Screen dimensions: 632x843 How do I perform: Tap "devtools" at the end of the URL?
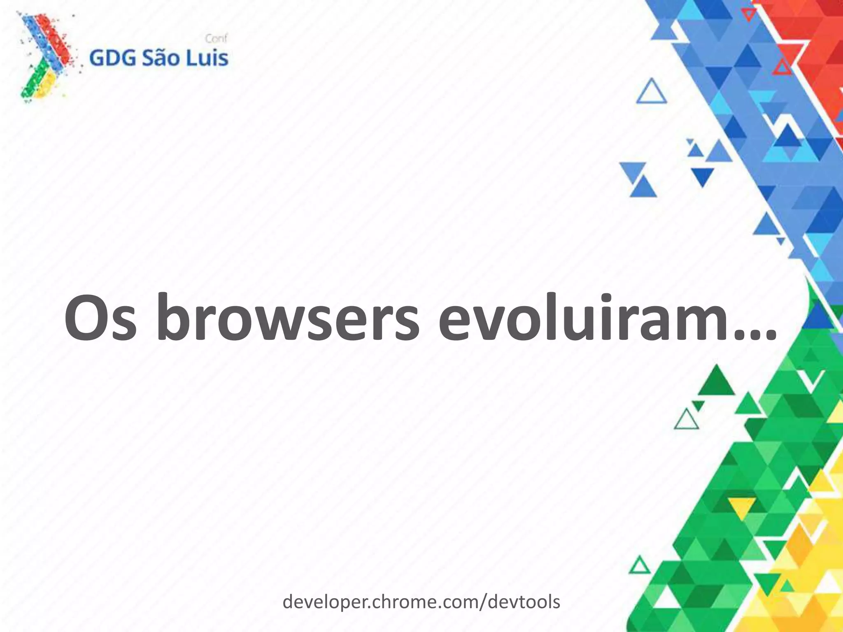tap(524, 602)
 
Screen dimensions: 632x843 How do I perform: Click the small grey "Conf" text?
tap(216, 39)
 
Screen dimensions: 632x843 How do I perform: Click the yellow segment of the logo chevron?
tap(45, 84)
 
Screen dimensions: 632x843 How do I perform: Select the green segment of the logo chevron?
tap(31, 88)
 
